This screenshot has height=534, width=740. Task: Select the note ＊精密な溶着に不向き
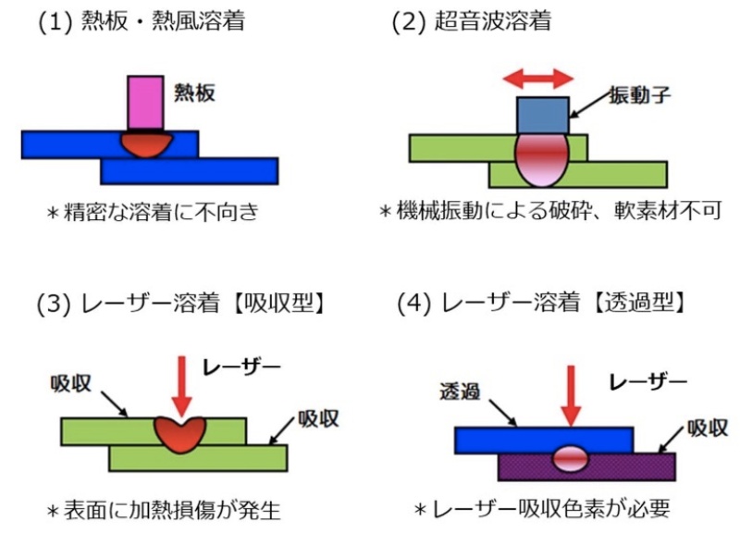pos(151,212)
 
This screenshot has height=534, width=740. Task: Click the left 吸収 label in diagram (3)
pos(68,382)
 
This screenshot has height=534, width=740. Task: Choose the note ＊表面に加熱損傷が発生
pos(163,508)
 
